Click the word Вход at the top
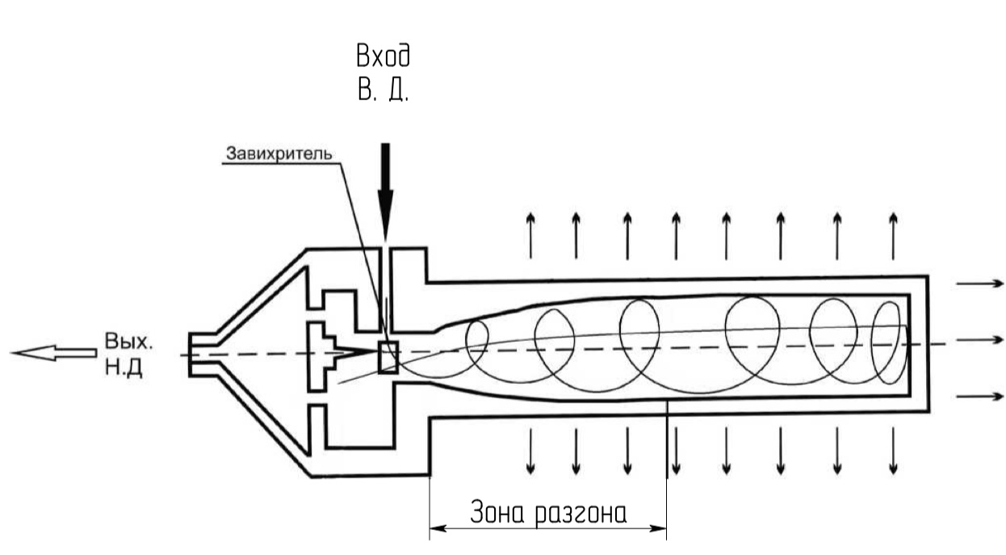coord(383,57)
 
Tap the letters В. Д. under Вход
coord(383,89)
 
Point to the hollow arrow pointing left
coord(53,352)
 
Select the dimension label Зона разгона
coord(548,512)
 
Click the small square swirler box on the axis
coord(388,357)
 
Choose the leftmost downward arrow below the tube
coord(530,452)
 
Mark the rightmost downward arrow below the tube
coord(893,452)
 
